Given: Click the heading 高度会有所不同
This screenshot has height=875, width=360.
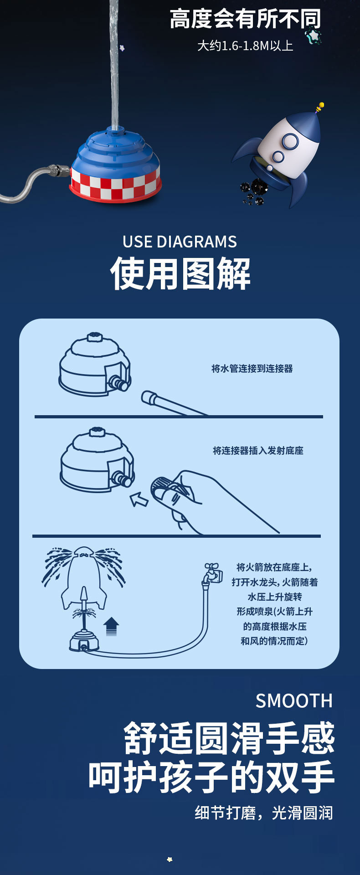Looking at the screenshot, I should click(x=245, y=19).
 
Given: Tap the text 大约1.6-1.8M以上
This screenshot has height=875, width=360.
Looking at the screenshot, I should click(x=245, y=46).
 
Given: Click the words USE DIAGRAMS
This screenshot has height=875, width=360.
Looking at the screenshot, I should click(x=180, y=242).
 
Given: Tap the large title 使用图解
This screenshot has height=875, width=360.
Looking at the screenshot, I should click(x=180, y=273).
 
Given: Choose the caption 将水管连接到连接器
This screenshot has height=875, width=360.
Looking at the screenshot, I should click(x=252, y=369).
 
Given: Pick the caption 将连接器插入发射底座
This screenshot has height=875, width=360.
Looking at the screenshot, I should click(x=258, y=451).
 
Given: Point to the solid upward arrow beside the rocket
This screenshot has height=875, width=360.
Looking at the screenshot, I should click(x=111, y=626).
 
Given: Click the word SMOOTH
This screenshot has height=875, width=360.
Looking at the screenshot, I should click(x=294, y=701).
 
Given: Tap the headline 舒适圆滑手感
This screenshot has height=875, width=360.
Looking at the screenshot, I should click(x=229, y=738).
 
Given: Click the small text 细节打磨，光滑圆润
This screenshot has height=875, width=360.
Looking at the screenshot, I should click(x=264, y=813).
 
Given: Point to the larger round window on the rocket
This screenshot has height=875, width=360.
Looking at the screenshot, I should click(x=289, y=141).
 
